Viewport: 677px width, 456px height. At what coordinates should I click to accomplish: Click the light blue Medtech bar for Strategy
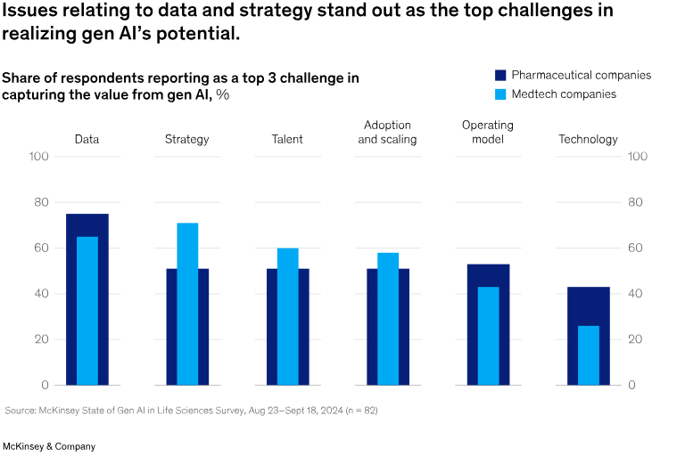point(187,304)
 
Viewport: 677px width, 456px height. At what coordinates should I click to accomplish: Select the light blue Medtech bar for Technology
point(588,355)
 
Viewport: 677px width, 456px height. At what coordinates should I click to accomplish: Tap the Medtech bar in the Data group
point(87,311)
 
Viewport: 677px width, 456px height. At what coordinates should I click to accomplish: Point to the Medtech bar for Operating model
point(488,336)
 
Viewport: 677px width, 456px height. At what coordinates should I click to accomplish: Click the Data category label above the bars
point(87,139)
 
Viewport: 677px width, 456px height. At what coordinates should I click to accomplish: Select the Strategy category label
point(187,139)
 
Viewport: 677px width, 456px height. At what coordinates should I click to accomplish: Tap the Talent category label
point(287,139)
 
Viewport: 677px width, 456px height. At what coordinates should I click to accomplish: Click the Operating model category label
point(487,132)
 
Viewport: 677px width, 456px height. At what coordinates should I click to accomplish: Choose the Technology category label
point(588,139)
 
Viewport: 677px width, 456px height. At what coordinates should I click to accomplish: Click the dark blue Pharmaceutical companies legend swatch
point(500,76)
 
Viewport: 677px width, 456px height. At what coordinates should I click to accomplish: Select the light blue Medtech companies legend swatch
point(500,94)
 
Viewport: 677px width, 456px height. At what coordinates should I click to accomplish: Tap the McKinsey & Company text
point(49,446)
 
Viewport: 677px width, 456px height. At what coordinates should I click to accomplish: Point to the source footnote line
point(197,411)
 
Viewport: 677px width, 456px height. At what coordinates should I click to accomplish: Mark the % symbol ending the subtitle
point(222,95)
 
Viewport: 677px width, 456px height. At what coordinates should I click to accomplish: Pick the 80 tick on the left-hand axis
point(39,202)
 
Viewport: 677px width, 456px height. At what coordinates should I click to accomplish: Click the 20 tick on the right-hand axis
point(636,339)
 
